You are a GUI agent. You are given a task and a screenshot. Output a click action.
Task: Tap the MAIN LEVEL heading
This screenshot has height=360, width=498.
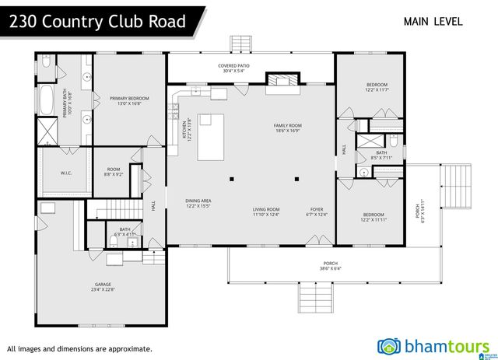point(433,22)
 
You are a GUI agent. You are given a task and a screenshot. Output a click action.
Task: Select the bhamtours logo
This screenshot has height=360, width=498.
point(433,346)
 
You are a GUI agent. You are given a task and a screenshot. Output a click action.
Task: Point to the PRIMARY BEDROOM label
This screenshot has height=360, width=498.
point(129,98)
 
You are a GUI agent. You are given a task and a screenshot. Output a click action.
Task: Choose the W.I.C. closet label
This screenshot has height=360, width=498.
point(66,173)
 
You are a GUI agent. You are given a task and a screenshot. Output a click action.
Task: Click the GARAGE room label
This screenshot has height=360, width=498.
point(104,285)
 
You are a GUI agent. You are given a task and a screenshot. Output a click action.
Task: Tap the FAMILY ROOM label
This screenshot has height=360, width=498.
point(287,125)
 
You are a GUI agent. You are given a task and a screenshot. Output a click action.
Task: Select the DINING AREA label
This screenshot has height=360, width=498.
point(198,201)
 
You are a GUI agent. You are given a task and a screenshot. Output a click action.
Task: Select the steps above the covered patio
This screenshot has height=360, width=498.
point(241,43)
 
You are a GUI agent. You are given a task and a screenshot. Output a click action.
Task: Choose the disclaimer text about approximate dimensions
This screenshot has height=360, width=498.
point(79,349)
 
